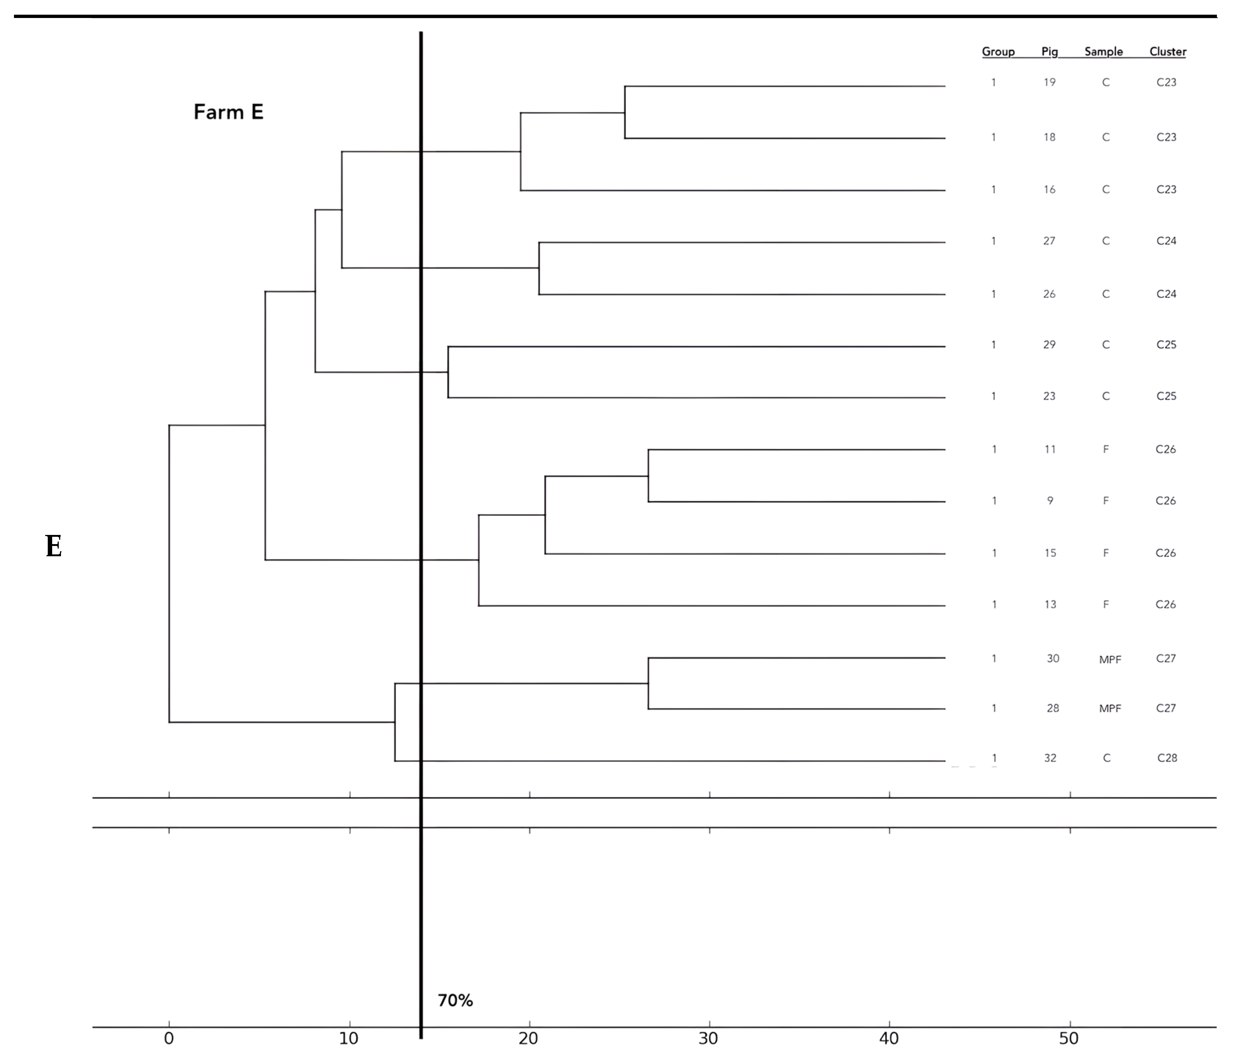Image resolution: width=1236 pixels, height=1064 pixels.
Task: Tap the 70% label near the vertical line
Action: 455,1000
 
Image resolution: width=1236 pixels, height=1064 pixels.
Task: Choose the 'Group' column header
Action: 998,52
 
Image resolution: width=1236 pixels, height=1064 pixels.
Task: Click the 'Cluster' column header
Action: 1167,52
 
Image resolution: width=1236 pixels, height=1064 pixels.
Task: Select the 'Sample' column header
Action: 1103,52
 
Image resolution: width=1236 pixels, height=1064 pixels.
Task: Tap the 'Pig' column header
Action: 1049,52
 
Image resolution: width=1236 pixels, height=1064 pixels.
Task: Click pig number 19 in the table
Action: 1049,82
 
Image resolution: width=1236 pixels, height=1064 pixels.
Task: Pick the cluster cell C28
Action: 1167,758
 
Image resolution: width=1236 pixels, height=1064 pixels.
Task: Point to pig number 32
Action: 1050,758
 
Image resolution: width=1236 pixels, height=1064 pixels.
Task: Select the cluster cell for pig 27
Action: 1166,241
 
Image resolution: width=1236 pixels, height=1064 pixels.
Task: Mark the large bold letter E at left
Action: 54,546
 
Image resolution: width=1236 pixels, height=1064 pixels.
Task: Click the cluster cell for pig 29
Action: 1166,345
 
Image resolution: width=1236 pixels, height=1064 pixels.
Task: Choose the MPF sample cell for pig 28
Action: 1110,709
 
